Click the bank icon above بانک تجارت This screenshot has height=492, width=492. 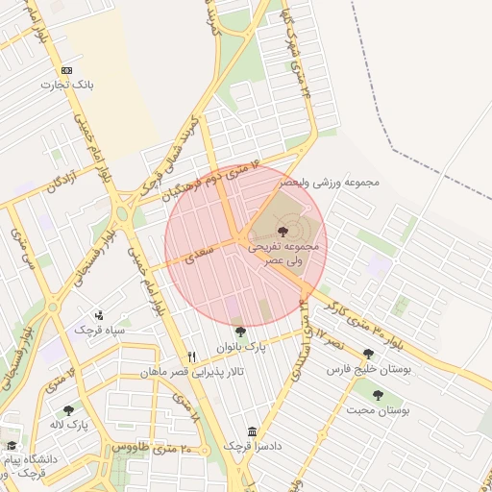[x=66, y=70]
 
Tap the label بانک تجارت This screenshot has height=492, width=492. [x=65, y=85]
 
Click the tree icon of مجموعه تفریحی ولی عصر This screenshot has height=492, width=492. [x=282, y=232]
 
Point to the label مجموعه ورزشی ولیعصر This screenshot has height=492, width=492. [x=330, y=181]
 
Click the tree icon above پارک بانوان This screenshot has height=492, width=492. [x=239, y=332]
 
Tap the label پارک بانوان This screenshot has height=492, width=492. [x=240, y=345]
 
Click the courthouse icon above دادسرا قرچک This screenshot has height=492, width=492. [x=252, y=431]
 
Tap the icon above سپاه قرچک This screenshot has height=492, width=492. [x=100, y=314]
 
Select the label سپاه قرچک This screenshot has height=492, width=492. [x=99, y=330]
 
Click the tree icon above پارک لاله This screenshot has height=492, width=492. [x=68, y=410]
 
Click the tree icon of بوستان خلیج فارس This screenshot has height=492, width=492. [x=368, y=355]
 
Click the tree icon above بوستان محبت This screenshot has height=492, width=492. [x=377, y=394]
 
